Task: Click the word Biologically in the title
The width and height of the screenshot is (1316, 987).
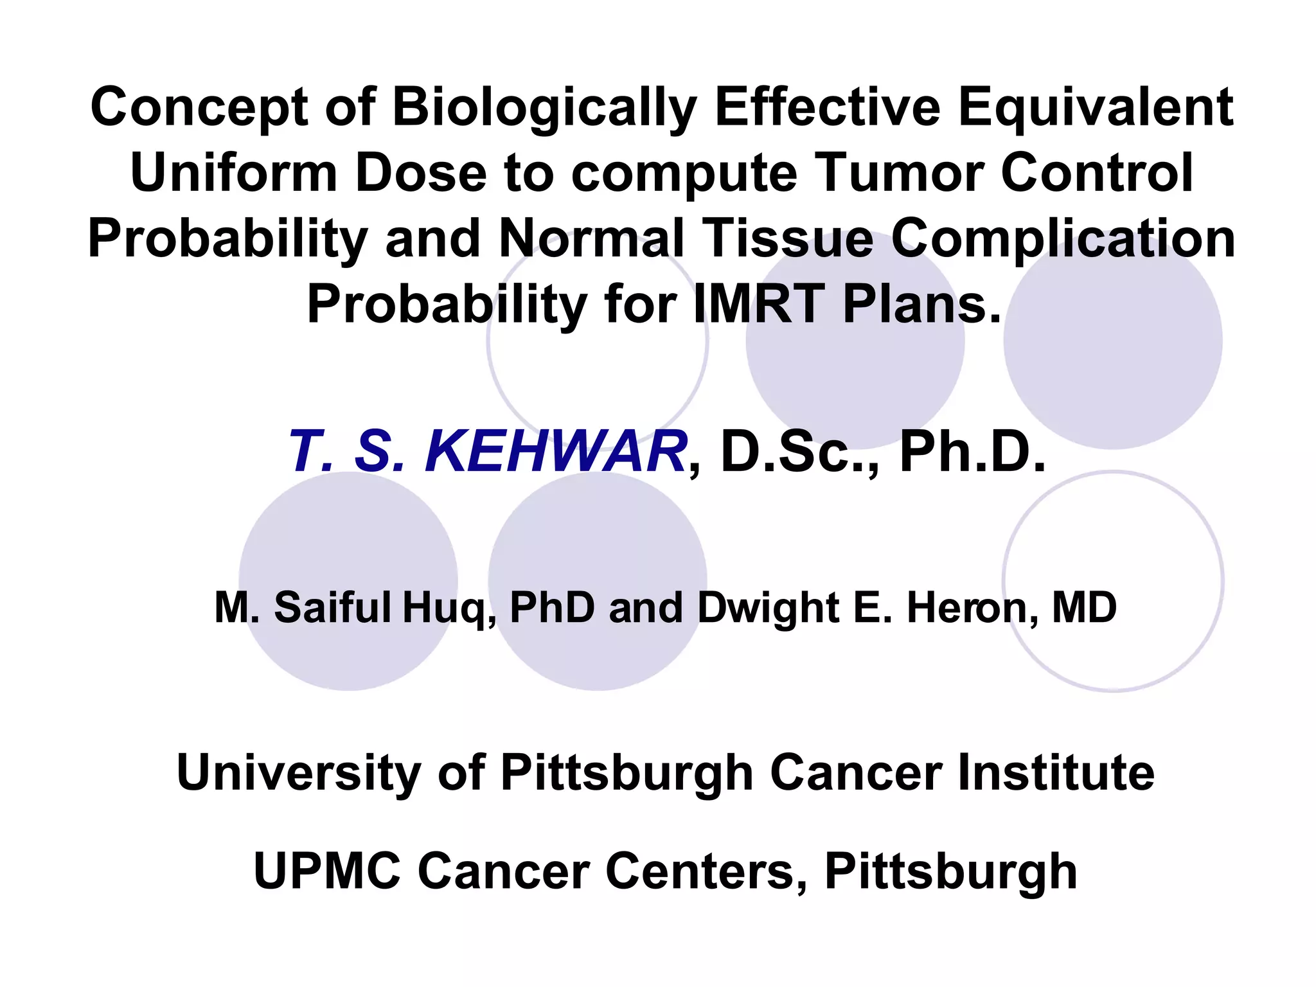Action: [x=544, y=107]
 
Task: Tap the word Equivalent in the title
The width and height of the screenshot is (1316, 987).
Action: [x=1096, y=107]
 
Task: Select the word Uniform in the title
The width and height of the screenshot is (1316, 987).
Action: [x=234, y=173]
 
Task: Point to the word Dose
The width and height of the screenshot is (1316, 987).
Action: [x=421, y=173]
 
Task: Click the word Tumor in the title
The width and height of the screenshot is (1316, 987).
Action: [x=900, y=173]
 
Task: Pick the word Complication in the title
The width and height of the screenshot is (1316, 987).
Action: [x=1063, y=238]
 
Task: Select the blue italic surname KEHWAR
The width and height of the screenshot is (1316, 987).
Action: [x=555, y=452]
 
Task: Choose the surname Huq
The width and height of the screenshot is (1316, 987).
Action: [x=447, y=609]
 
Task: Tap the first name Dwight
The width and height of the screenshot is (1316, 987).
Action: [x=768, y=609]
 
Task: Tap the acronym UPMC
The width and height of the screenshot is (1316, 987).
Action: [x=327, y=871]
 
